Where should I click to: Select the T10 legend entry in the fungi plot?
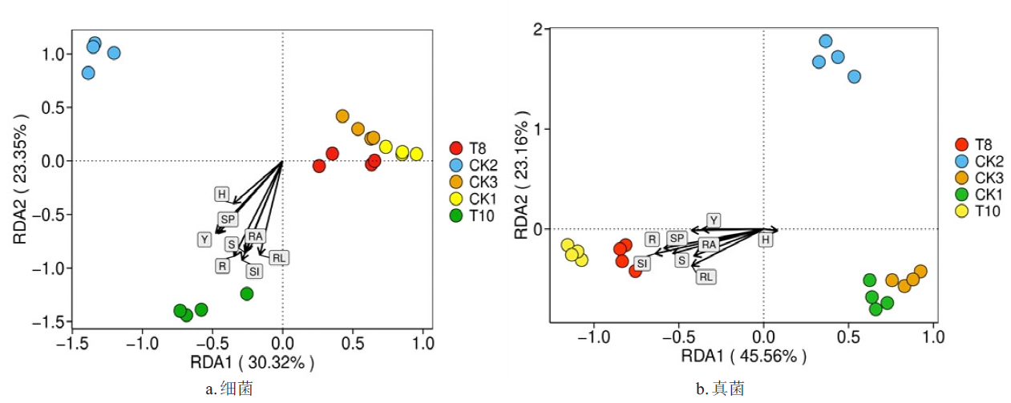[x=984, y=211]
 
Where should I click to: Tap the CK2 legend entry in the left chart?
[x=479, y=164]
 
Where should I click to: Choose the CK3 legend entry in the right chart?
[x=985, y=178]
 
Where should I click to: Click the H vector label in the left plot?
[x=222, y=194]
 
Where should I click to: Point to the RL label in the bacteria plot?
[x=278, y=257]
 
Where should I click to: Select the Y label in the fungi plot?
[x=714, y=220]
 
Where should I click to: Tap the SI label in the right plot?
[x=642, y=263]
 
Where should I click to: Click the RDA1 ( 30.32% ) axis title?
[x=252, y=362]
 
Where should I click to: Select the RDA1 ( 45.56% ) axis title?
[x=743, y=357]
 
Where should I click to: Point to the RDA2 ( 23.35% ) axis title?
[x=21, y=179]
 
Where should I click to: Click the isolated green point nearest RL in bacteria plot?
[x=247, y=294]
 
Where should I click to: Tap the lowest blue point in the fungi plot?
[x=854, y=77]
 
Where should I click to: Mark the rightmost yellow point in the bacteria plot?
[x=416, y=154]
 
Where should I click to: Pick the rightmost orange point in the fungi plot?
[x=920, y=272]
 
